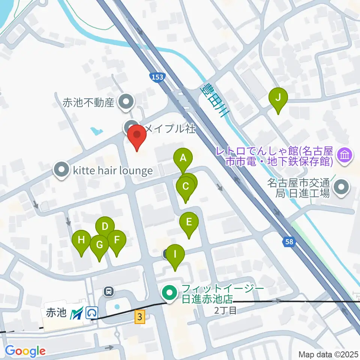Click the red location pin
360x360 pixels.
click(x=137, y=137)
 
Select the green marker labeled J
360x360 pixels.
click(x=278, y=99)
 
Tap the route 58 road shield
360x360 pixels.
click(x=289, y=242)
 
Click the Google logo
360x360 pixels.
click(x=25, y=351)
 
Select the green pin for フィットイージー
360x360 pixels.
click(x=169, y=293)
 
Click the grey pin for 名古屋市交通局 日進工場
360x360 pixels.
click(x=342, y=188)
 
